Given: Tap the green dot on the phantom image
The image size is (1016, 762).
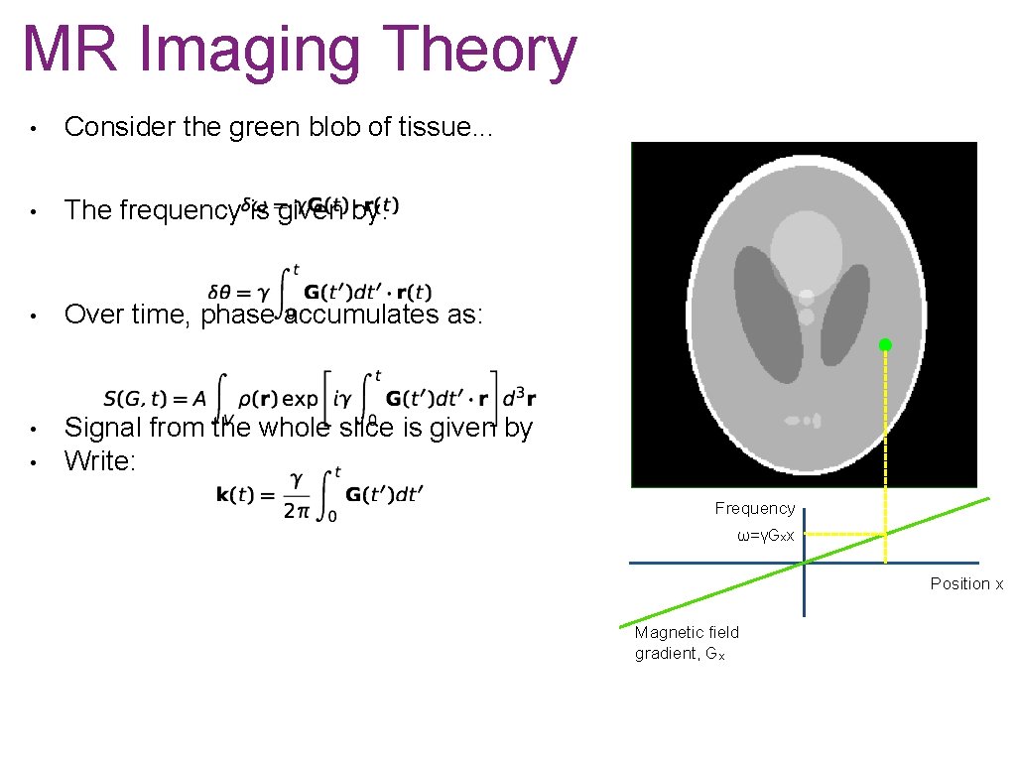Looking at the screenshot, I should tap(885, 345).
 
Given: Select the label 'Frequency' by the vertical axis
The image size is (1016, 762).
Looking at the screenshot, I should tap(755, 508).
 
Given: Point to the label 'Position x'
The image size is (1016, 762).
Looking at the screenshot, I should tap(965, 583).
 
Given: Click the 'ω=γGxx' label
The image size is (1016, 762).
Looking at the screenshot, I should tap(765, 536).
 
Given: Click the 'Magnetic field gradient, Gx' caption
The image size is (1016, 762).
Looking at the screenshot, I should tap(687, 643).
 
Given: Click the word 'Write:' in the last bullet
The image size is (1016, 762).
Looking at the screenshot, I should tap(99, 461).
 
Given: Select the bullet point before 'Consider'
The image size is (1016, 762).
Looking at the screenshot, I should tap(33, 128).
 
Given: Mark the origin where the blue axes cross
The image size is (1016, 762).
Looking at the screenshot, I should tap(805, 563).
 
